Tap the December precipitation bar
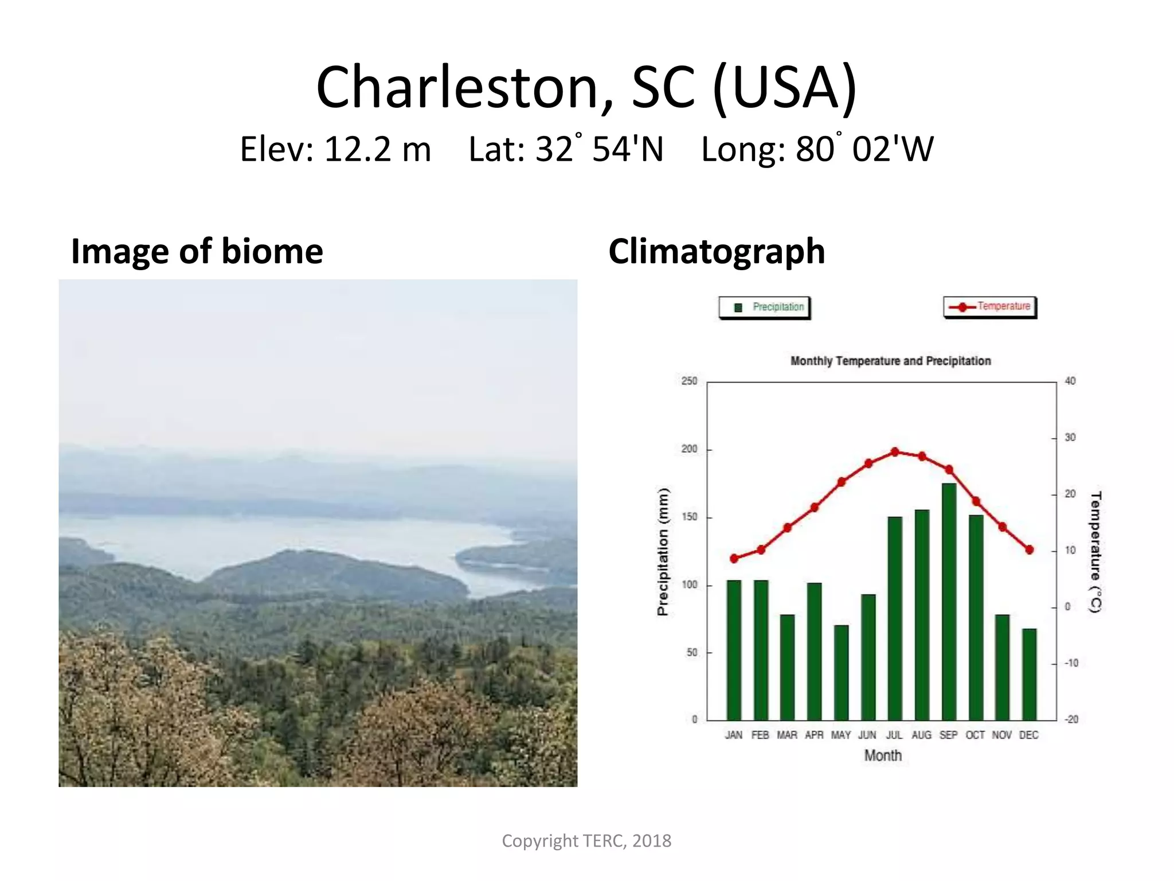coord(1029,674)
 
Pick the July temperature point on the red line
coord(895,452)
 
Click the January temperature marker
coord(734,558)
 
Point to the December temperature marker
coord(1029,549)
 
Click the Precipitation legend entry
coord(765,307)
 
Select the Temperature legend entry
coord(990,307)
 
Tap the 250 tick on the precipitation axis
coord(689,381)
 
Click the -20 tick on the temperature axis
coord(1071,719)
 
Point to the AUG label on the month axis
coord(921,735)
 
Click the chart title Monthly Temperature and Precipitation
coord(890,361)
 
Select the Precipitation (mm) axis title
coord(663,552)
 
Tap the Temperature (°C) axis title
coord(1095,552)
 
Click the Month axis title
coord(883,755)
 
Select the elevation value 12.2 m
coord(377,149)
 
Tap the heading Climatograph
coord(717,251)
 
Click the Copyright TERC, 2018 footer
coord(586,840)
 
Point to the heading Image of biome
coord(197,251)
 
